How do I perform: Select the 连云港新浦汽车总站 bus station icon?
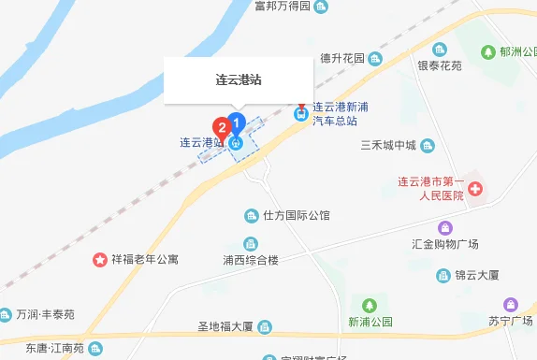(x=300, y=114)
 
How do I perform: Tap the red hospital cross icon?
(x=475, y=190)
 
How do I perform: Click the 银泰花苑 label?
(x=440, y=66)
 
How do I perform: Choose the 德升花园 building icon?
(x=374, y=58)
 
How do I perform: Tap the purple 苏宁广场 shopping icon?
(x=511, y=304)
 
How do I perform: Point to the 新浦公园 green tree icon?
(x=370, y=305)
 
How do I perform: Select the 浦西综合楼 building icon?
(x=251, y=243)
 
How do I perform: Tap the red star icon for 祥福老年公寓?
(x=99, y=258)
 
